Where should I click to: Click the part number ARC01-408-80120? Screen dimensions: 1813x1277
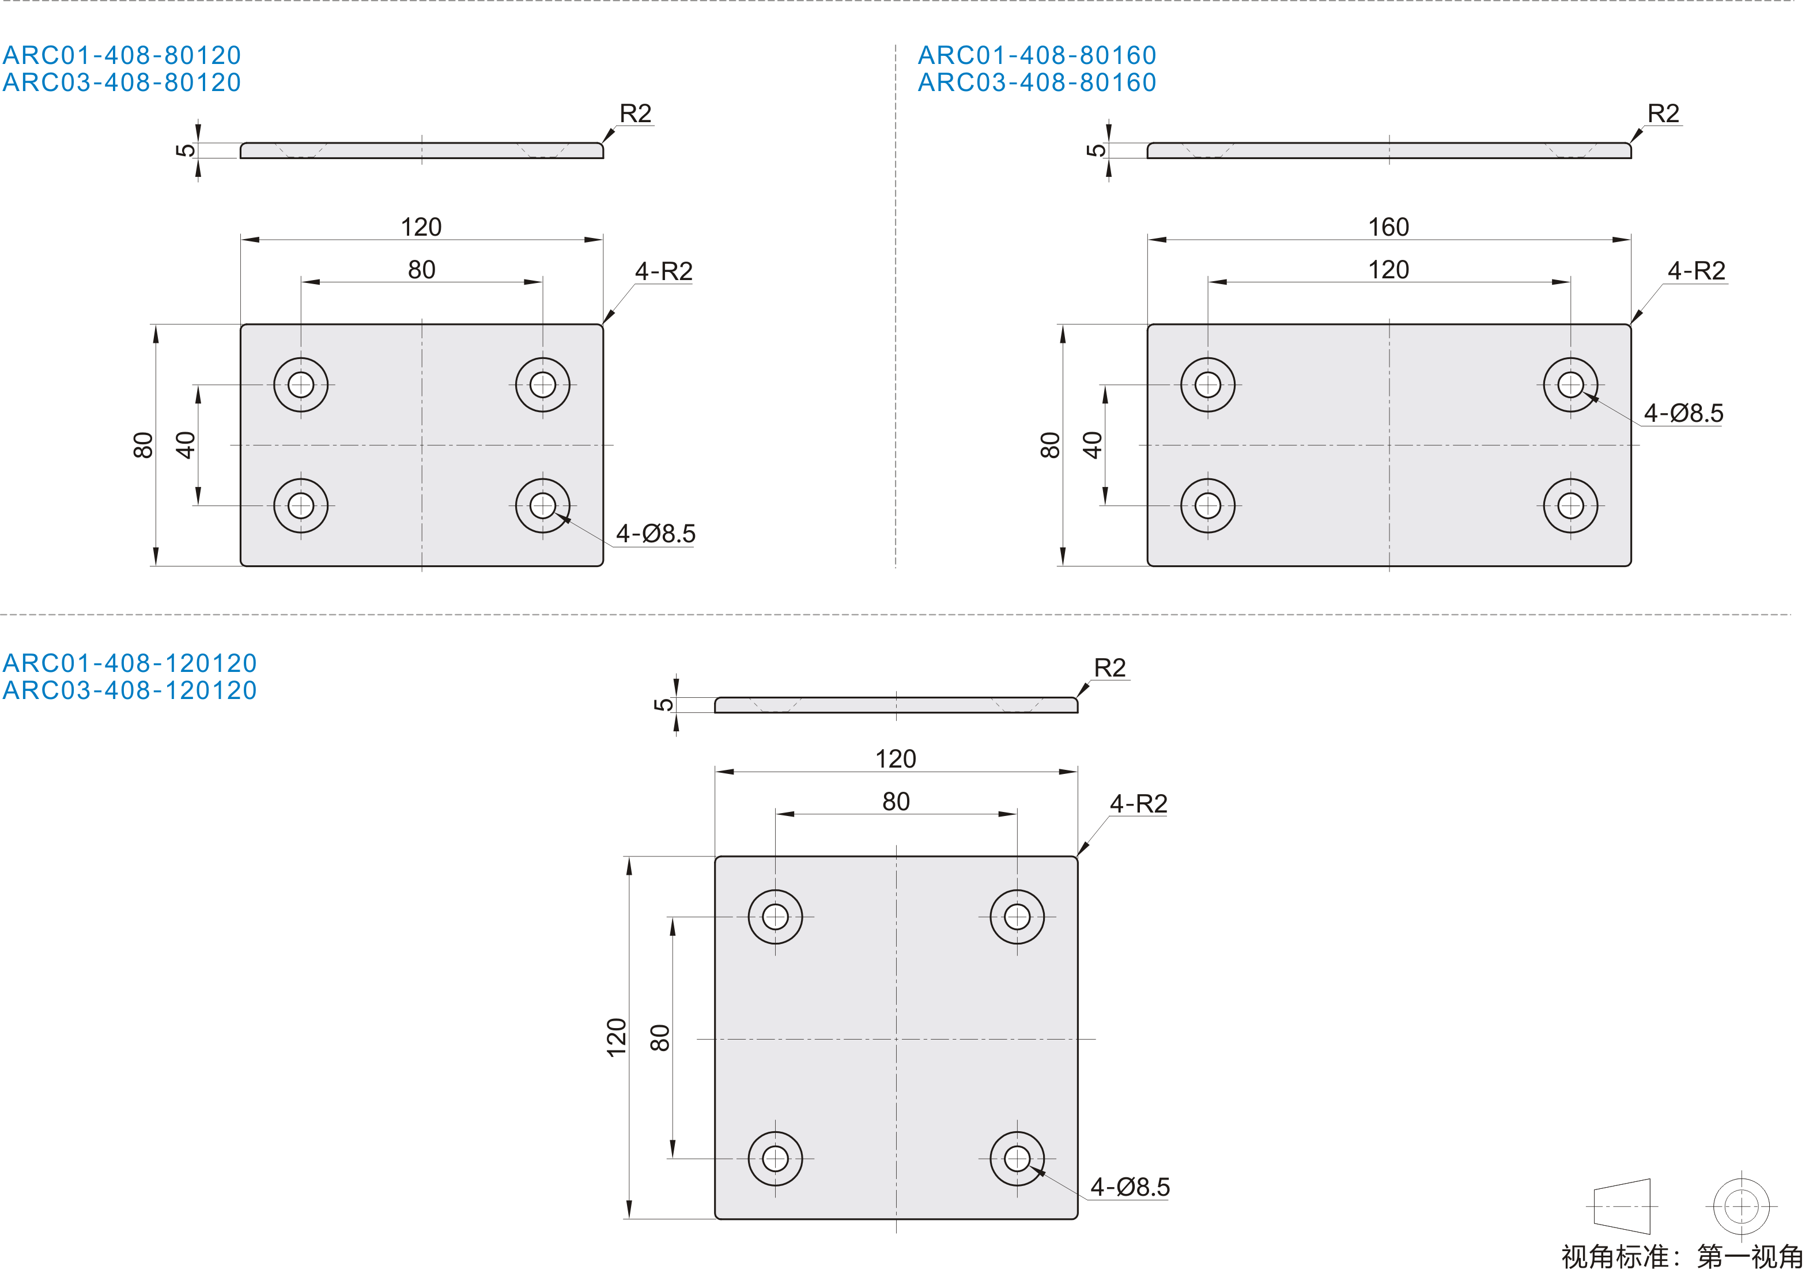coord(122,55)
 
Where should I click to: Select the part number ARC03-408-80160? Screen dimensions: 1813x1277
coord(1037,82)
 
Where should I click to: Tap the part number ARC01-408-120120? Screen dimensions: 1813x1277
coord(130,663)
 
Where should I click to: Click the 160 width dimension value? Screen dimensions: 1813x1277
coord(1388,228)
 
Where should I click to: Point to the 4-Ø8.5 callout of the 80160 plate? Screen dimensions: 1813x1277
coord(1683,413)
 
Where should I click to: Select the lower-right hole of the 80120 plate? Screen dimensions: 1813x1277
coord(542,505)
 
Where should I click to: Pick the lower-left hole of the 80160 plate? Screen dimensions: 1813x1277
coord(1207,505)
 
